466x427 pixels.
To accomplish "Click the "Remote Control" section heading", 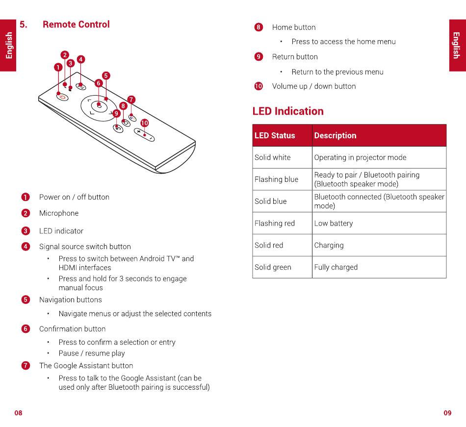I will coord(76,25).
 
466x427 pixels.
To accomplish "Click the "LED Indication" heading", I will coord(288,111).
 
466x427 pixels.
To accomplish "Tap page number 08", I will coord(18,413).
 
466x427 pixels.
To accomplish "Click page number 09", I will coord(447,413).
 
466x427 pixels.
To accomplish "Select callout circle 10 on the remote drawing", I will coord(144,123).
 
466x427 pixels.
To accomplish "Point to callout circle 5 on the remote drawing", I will coord(106,75).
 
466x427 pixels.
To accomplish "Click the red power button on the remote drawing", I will coord(62,97).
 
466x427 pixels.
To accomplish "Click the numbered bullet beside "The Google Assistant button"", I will coord(26,366).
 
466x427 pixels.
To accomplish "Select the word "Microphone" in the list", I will coord(59,213).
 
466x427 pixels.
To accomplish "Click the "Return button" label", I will coord(295,57).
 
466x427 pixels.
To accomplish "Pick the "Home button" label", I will coord(294,27).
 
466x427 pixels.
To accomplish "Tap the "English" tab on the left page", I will coord(8,46).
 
